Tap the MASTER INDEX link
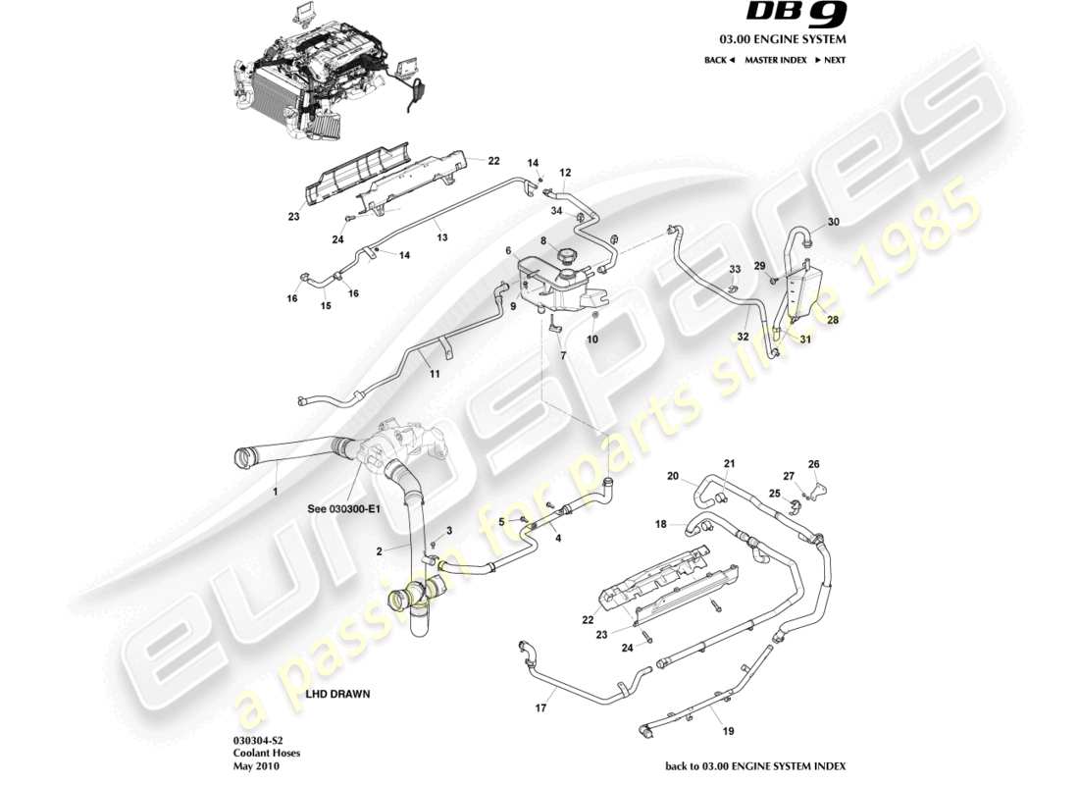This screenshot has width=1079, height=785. pyautogui.click(x=775, y=60)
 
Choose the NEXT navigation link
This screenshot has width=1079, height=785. pyautogui.click(x=830, y=60)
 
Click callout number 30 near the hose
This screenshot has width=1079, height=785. pyautogui.click(x=833, y=222)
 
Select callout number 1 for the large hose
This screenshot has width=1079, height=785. pyautogui.click(x=276, y=490)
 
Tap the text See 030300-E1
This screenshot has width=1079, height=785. pyautogui.click(x=342, y=508)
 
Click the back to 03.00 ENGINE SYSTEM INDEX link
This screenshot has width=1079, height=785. pyautogui.click(x=754, y=766)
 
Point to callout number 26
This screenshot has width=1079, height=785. pyautogui.click(x=812, y=464)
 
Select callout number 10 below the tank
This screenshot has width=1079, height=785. pyautogui.click(x=591, y=340)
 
